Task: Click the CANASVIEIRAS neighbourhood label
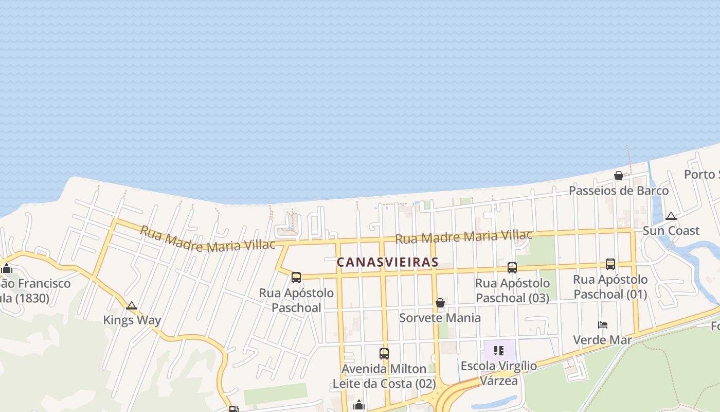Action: click(387, 262)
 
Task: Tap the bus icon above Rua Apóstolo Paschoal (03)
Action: click(512, 267)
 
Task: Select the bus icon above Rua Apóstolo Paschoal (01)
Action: click(610, 264)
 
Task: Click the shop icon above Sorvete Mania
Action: click(440, 303)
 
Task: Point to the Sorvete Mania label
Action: click(440, 318)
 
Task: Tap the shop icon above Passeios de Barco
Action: click(619, 176)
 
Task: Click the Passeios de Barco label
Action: click(618, 191)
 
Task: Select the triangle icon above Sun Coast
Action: click(671, 216)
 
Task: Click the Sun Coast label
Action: click(671, 231)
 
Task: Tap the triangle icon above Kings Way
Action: click(132, 306)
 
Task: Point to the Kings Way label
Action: click(132, 320)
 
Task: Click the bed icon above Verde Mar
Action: click(603, 325)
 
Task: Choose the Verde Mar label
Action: click(602, 340)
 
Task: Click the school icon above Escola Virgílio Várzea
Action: click(498, 351)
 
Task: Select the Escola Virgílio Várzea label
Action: click(499, 373)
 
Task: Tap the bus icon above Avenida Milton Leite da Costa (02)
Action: click(384, 354)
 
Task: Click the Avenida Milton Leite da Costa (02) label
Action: click(384, 376)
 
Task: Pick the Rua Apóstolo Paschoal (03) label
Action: click(512, 290)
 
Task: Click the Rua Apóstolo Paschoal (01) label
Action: click(610, 287)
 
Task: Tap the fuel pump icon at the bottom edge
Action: click(233, 409)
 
